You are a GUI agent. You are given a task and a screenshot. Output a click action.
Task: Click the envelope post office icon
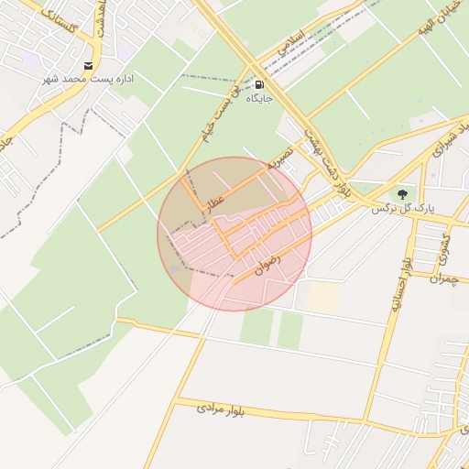point(88,65)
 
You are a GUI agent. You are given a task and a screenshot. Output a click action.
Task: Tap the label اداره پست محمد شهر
point(88,79)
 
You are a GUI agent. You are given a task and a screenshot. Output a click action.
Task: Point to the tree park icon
point(401,193)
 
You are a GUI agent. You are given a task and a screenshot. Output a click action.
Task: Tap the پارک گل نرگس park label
point(401,208)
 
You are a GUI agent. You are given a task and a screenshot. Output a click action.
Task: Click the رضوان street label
point(265,266)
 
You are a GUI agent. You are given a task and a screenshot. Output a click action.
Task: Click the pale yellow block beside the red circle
point(323,296)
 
